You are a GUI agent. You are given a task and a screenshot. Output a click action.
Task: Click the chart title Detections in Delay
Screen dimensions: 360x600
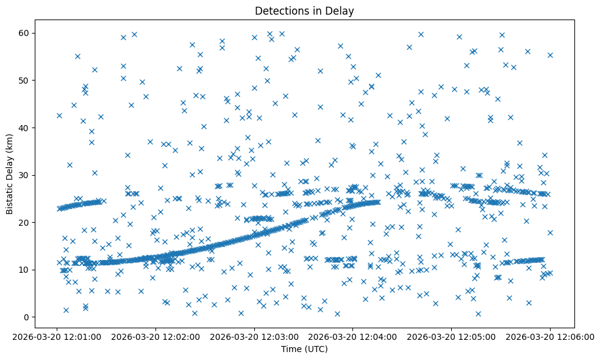coord(304,11)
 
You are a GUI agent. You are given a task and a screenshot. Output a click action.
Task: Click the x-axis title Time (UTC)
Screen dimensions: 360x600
coord(304,349)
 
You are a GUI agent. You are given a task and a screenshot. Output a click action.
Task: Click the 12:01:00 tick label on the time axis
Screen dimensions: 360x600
coord(57,336)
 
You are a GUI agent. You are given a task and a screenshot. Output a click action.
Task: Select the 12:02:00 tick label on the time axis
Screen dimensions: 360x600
coord(156,336)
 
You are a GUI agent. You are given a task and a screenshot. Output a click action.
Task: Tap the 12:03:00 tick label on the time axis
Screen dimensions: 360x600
coord(254,336)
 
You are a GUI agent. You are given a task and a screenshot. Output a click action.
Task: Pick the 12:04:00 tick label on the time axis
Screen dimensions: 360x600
coord(353,336)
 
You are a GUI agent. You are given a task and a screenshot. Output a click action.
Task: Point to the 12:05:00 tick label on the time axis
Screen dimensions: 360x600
coord(452,336)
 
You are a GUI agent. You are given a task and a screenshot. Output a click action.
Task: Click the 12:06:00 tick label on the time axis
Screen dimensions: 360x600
coord(550,336)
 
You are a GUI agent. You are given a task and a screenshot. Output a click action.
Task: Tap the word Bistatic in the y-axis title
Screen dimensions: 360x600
coord(10,193)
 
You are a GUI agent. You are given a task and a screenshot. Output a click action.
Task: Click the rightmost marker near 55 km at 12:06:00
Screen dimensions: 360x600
coord(550,55)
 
